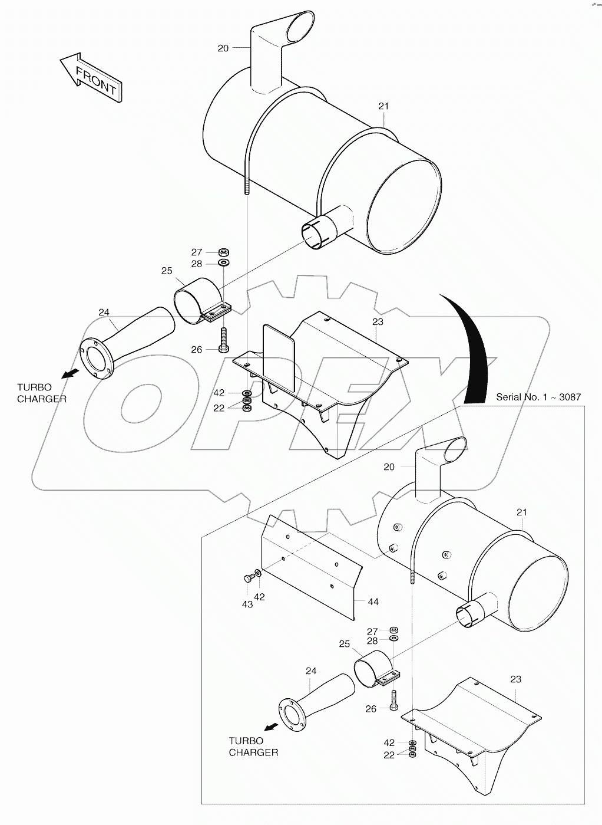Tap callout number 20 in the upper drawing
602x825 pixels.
223,48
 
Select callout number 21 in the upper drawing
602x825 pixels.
383,106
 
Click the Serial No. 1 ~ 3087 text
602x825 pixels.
538,397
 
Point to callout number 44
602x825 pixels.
373,602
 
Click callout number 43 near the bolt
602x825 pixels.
247,604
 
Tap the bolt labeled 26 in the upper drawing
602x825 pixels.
224,339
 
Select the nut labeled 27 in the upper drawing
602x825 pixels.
224,252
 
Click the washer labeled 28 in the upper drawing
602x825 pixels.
224,263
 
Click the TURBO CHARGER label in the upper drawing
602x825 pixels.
41,393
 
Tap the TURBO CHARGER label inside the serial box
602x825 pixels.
253,747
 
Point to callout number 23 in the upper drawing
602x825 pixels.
378,322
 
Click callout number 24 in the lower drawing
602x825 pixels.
311,670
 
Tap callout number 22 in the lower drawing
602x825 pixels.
389,755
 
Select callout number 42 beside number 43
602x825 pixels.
259,597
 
